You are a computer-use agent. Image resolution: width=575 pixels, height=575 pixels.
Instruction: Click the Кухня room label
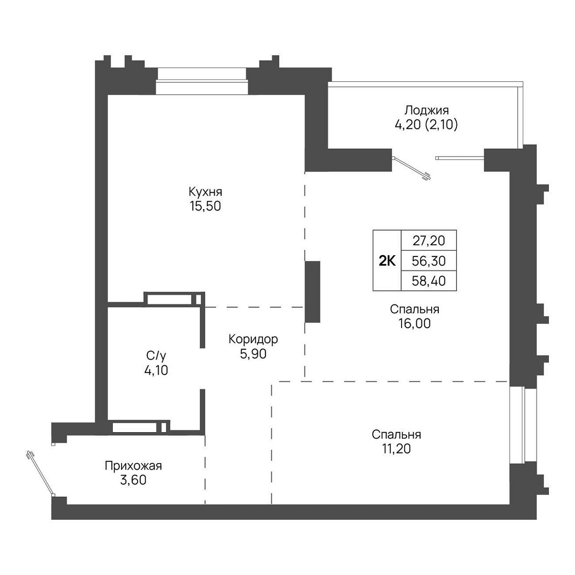[x=205, y=192]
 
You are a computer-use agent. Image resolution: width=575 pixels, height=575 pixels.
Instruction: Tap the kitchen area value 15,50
[x=205, y=206]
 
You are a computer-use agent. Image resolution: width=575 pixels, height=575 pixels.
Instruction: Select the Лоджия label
[x=426, y=111]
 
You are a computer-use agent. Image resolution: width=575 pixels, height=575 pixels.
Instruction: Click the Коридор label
[x=253, y=339]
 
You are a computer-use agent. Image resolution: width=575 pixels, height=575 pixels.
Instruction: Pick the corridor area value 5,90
[x=253, y=354]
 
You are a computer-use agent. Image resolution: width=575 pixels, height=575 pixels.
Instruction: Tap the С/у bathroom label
[x=156, y=356]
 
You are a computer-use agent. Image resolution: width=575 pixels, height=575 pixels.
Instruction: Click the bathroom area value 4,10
[x=156, y=370]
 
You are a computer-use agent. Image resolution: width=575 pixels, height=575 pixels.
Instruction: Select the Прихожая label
[x=133, y=466]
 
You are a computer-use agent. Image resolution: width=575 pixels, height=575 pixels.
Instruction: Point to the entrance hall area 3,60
[x=133, y=480]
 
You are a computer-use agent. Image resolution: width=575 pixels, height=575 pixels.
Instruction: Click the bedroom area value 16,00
[x=414, y=324]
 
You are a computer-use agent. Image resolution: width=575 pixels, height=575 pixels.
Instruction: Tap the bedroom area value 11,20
[x=396, y=449]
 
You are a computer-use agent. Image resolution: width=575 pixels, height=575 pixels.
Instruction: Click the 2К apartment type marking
[x=387, y=261]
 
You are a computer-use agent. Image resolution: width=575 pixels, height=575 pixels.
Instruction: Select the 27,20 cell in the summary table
[x=429, y=241]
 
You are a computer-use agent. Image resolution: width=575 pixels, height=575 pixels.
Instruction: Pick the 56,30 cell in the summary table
[x=429, y=261]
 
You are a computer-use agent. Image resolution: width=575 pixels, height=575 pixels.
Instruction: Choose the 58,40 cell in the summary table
[x=429, y=281]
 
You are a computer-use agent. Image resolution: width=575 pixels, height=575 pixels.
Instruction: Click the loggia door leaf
[x=412, y=169]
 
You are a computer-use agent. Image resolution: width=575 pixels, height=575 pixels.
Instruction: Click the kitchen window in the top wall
[x=202, y=81]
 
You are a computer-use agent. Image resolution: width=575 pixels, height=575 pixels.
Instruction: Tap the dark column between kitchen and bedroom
[x=312, y=292]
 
